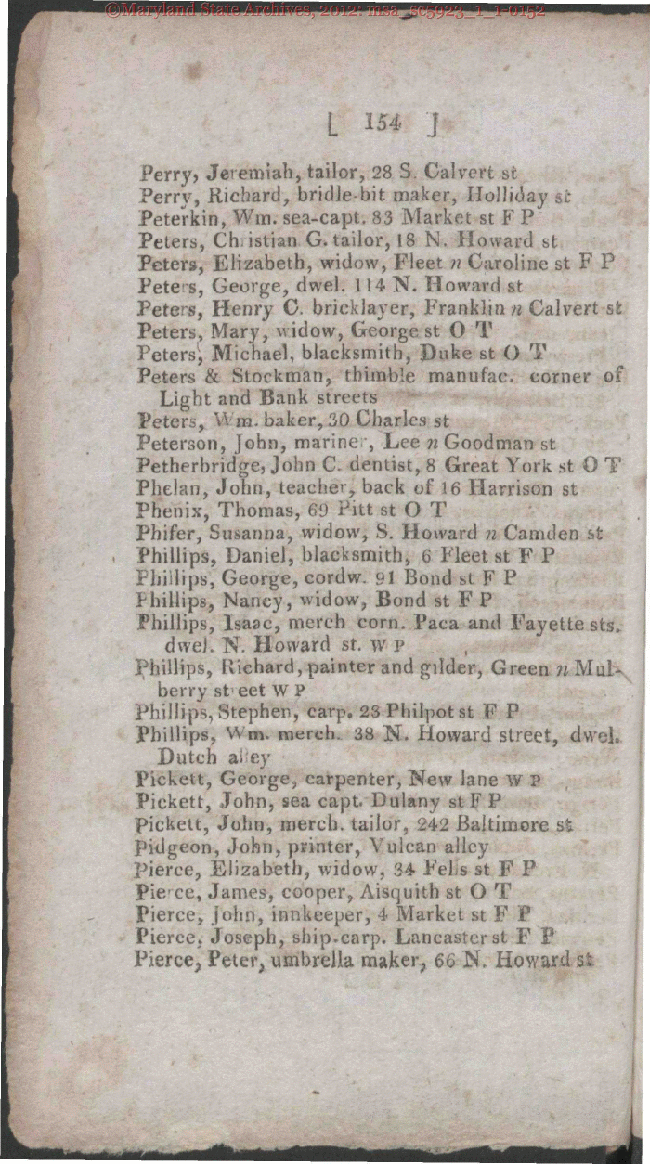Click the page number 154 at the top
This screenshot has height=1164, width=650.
coord(383,122)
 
